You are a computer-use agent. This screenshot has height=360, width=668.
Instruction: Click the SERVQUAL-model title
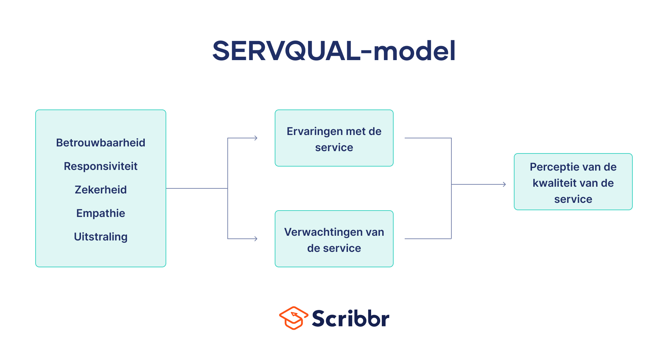click(334, 51)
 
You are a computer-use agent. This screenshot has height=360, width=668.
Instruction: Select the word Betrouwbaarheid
click(101, 143)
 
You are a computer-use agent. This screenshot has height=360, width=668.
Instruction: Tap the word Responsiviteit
click(101, 166)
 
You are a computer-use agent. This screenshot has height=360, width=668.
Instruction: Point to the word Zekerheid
click(101, 190)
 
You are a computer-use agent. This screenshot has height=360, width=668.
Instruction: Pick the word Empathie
click(101, 213)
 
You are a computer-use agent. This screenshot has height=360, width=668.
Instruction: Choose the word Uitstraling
click(101, 237)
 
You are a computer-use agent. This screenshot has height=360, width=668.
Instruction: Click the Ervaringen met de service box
click(334, 138)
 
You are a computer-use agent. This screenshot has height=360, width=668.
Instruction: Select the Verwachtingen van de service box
click(334, 239)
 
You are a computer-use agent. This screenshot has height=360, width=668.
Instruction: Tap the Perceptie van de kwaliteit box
click(573, 182)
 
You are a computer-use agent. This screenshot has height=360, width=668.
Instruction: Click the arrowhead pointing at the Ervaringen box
click(256, 138)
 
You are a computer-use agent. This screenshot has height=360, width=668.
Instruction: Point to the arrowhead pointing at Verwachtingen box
click(256, 239)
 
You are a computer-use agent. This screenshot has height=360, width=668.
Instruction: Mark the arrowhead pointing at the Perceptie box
click(504, 184)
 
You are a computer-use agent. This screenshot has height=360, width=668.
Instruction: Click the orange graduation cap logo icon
click(294, 318)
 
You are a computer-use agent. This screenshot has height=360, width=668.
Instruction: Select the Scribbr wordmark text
click(351, 318)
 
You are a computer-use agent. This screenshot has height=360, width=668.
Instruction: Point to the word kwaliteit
click(556, 183)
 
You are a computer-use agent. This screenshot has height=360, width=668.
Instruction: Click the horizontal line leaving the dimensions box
click(197, 188)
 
